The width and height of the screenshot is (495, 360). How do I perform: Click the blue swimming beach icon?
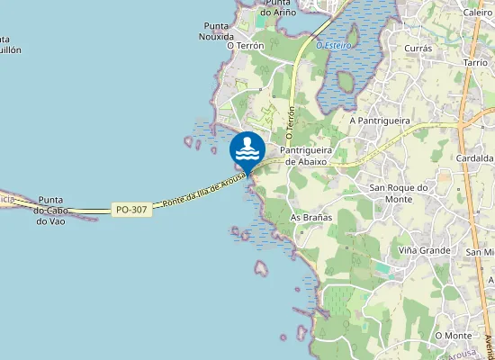click(x=247, y=148)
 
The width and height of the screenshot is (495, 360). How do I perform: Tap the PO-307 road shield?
click(x=131, y=209)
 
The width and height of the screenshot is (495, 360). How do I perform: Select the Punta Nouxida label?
click(x=219, y=31)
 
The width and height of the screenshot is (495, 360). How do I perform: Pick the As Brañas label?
click(x=311, y=218)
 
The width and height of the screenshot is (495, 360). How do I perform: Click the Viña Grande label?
click(x=421, y=250)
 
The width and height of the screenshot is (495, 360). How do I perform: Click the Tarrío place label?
click(x=475, y=64)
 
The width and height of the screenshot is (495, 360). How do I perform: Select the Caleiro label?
click(x=477, y=13)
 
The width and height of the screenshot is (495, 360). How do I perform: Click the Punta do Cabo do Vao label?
click(x=49, y=210)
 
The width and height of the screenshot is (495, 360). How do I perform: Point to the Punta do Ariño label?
click(x=278, y=8)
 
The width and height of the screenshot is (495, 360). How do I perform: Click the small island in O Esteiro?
click(x=351, y=36)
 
